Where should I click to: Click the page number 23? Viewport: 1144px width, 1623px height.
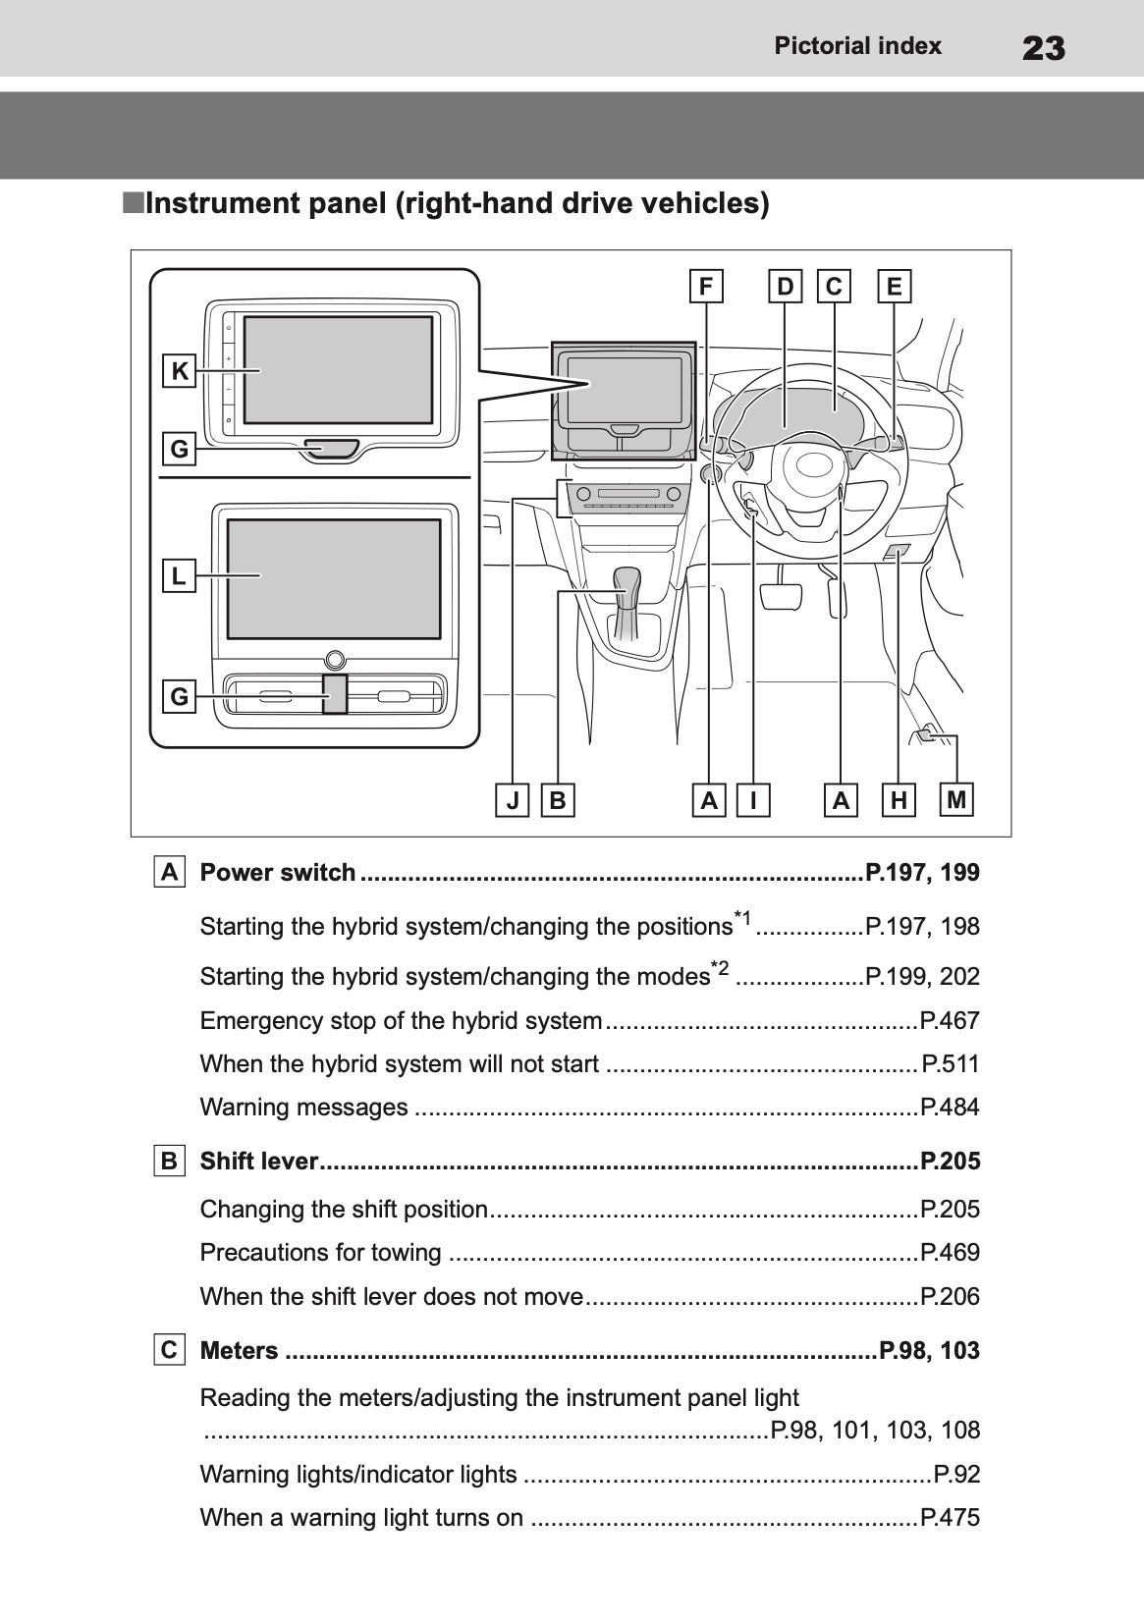point(1043,47)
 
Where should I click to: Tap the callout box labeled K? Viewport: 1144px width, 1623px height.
point(180,371)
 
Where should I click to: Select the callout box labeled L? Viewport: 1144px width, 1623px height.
point(179,575)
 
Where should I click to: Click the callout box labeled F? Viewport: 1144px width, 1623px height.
point(705,287)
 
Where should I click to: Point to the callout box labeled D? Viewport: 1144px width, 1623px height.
point(786,287)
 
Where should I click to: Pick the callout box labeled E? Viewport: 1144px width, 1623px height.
point(894,287)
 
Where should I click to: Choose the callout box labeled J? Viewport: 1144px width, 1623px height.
point(513,800)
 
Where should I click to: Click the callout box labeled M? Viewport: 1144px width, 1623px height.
point(956,799)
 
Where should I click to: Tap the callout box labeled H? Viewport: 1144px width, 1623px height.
point(899,800)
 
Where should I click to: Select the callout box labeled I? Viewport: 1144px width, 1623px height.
point(753,800)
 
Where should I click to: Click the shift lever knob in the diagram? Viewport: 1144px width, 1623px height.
point(626,579)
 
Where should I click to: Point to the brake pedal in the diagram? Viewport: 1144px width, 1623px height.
point(782,596)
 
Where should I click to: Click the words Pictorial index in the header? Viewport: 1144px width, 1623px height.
point(857,46)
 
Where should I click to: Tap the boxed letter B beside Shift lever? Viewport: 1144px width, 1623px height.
point(169,1161)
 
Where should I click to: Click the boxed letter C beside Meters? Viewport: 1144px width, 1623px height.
point(169,1350)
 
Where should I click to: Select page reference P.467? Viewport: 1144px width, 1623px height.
point(950,1020)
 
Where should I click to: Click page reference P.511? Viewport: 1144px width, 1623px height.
point(951,1063)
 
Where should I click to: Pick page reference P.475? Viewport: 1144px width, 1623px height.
point(950,1517)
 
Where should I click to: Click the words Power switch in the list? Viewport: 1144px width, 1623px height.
point(278,872)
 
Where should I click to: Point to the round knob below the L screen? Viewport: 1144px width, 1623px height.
point(335,660)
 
